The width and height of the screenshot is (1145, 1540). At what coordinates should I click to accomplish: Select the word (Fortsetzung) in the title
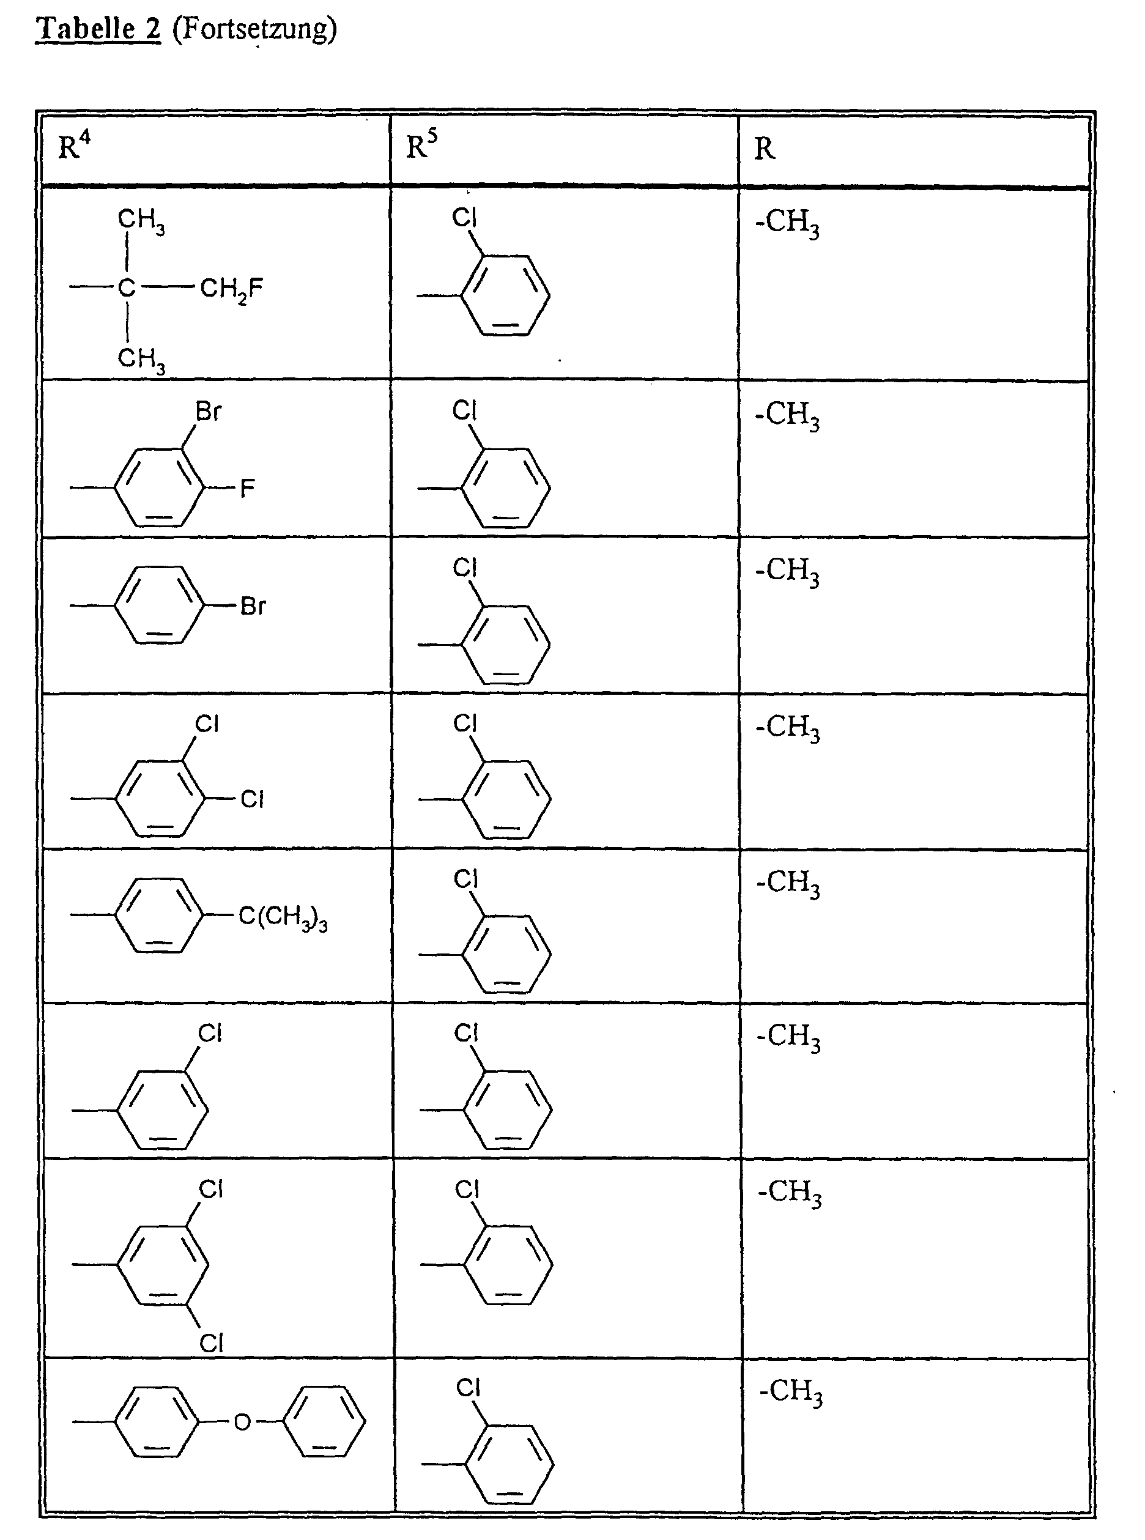coord(254,30)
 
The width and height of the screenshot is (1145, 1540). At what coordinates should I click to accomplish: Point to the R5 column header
coord(421,146)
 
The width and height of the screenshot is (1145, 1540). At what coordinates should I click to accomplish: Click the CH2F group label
coord(231,288)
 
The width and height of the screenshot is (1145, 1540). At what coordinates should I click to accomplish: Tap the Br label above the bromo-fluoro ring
coord(208,412)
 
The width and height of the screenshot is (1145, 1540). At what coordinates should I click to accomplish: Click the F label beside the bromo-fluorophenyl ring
coord(248,489)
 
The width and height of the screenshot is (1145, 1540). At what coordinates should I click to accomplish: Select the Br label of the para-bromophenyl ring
coord(253,607)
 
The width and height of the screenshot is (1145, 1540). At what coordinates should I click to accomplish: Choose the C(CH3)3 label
coord(283,917)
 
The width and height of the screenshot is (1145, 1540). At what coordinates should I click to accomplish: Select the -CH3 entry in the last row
coord(791,1391)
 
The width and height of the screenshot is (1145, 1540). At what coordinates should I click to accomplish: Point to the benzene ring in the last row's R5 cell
coord(510,1463)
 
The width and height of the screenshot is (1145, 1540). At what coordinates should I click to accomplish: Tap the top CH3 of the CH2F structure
coord(141,220)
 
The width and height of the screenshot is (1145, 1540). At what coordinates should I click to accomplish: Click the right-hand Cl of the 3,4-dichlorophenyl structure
coord(252,800)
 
